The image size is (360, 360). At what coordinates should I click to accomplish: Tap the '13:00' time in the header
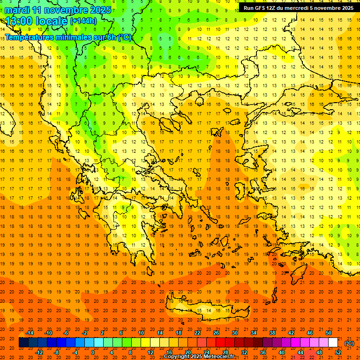point(19,21)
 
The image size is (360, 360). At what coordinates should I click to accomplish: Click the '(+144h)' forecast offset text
point(83,21)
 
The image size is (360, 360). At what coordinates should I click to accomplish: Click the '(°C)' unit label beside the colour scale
point(349,343)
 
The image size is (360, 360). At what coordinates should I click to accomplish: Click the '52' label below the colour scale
point(338,352)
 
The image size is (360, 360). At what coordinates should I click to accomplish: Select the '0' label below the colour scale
point(93,352)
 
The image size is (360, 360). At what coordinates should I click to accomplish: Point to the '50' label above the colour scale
point(329,333)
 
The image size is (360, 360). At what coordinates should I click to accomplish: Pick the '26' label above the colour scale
point(216,333)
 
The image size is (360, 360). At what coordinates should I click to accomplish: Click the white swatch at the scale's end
point(333,343)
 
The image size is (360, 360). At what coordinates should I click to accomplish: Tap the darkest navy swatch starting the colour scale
point(23,343)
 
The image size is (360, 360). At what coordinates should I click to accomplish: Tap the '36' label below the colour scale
point(263,352)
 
